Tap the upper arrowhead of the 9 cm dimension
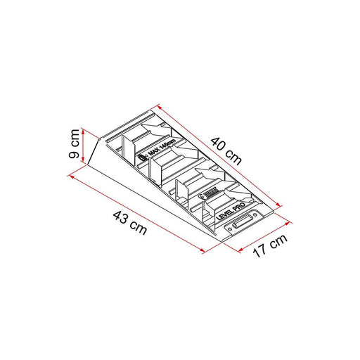[x=84, y=130]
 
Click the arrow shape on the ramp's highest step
[x=152, y=129]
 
